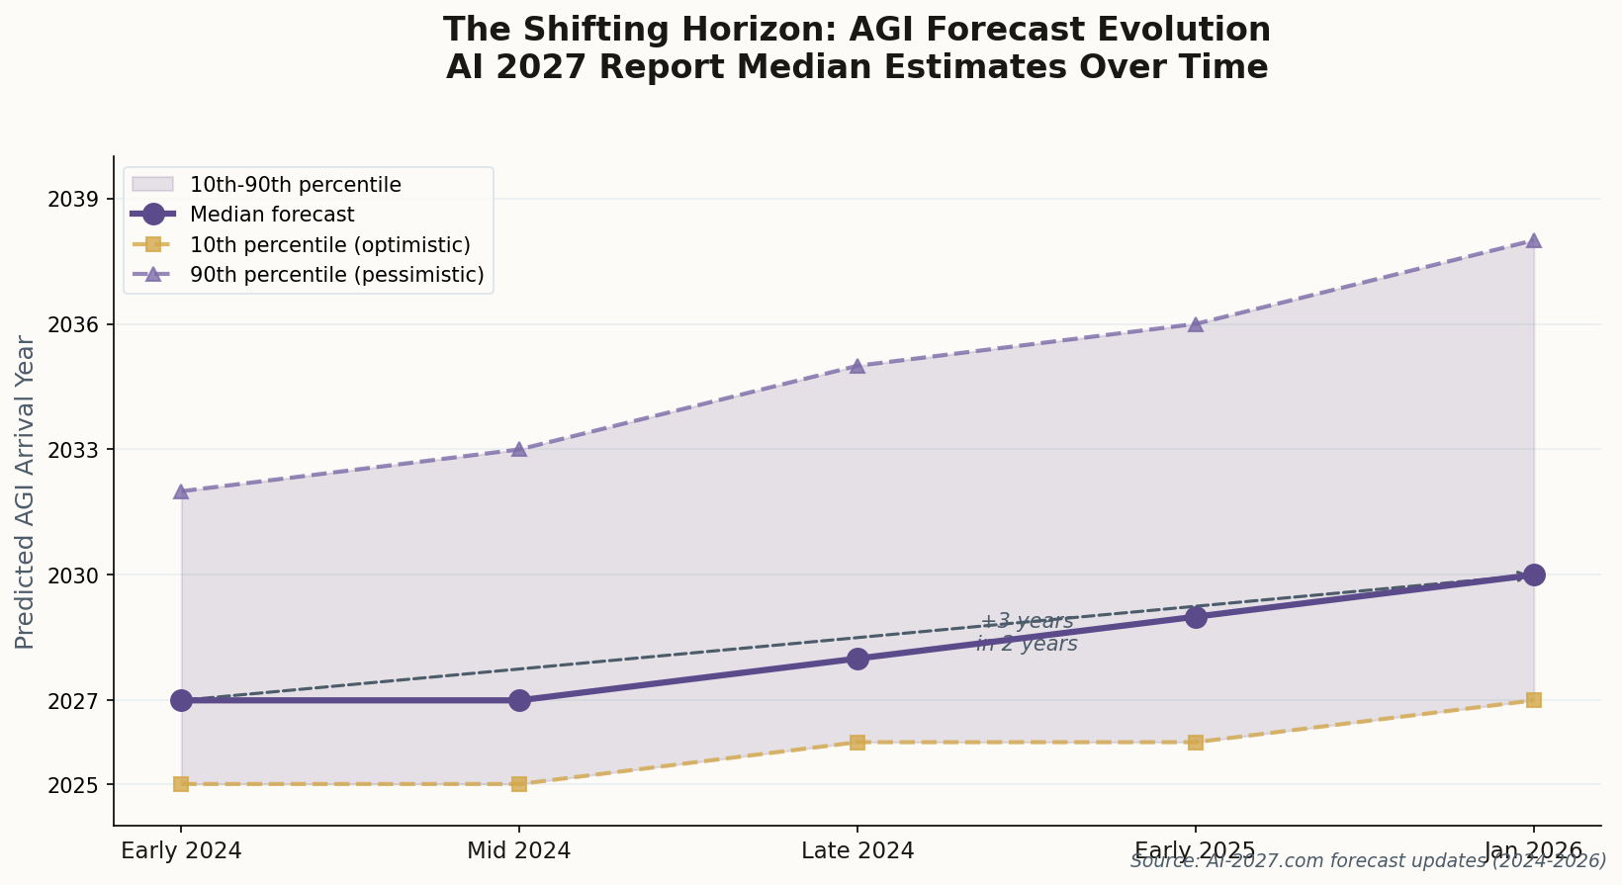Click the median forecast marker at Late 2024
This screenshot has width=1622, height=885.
click(x=857, y=659)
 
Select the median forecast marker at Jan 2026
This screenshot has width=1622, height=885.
click(x=1534, y=575)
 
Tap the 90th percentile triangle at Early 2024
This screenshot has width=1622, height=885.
click(x=181, y=491)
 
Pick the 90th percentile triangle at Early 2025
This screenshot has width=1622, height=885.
click(x=1196, y=324)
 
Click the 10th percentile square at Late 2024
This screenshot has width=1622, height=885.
click(x=857, y=742)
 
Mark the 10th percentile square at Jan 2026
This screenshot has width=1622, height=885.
click(x=1534, y=700)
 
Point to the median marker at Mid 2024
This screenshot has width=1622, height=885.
click(x=519, y=700)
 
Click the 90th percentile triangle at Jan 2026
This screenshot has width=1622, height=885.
click(x=1534, y=240)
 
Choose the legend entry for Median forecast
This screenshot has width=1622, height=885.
click(x=272, y=215)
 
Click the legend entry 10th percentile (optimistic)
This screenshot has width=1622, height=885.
click(x=329, y=244)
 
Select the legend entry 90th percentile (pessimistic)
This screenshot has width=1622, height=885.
click(x=336, y=275)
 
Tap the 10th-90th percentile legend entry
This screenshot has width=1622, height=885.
click(x=295, y=185)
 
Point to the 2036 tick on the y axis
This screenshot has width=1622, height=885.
click(x=79, y=324)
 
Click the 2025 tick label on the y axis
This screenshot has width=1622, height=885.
click(x=79, y=784)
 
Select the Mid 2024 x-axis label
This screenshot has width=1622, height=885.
click(x=519, y=850)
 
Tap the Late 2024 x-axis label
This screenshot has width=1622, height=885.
click(x=857, y=850)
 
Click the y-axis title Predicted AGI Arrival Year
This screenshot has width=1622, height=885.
click(x=26, y=491)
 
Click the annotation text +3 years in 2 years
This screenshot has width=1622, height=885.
click(x=1027, y=633)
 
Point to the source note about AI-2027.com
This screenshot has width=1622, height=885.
click(x=1368, y=861)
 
